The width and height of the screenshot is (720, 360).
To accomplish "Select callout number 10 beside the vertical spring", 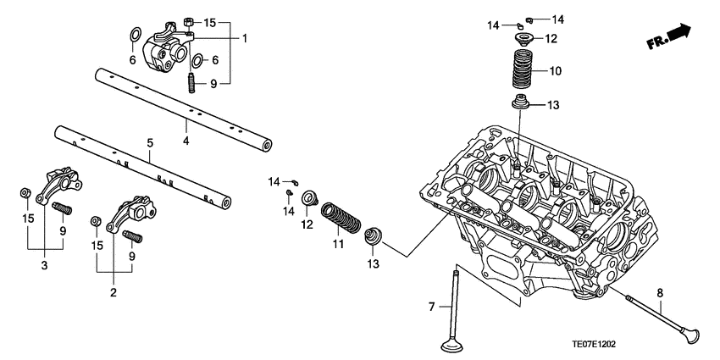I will coord(556,72).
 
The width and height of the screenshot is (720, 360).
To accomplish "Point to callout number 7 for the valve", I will coord(430,306).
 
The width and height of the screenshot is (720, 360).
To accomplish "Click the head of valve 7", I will coord(457,346).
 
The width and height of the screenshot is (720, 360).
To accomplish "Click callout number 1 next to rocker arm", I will coord(245,38).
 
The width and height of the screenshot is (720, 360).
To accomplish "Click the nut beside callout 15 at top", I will coord(190,21).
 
